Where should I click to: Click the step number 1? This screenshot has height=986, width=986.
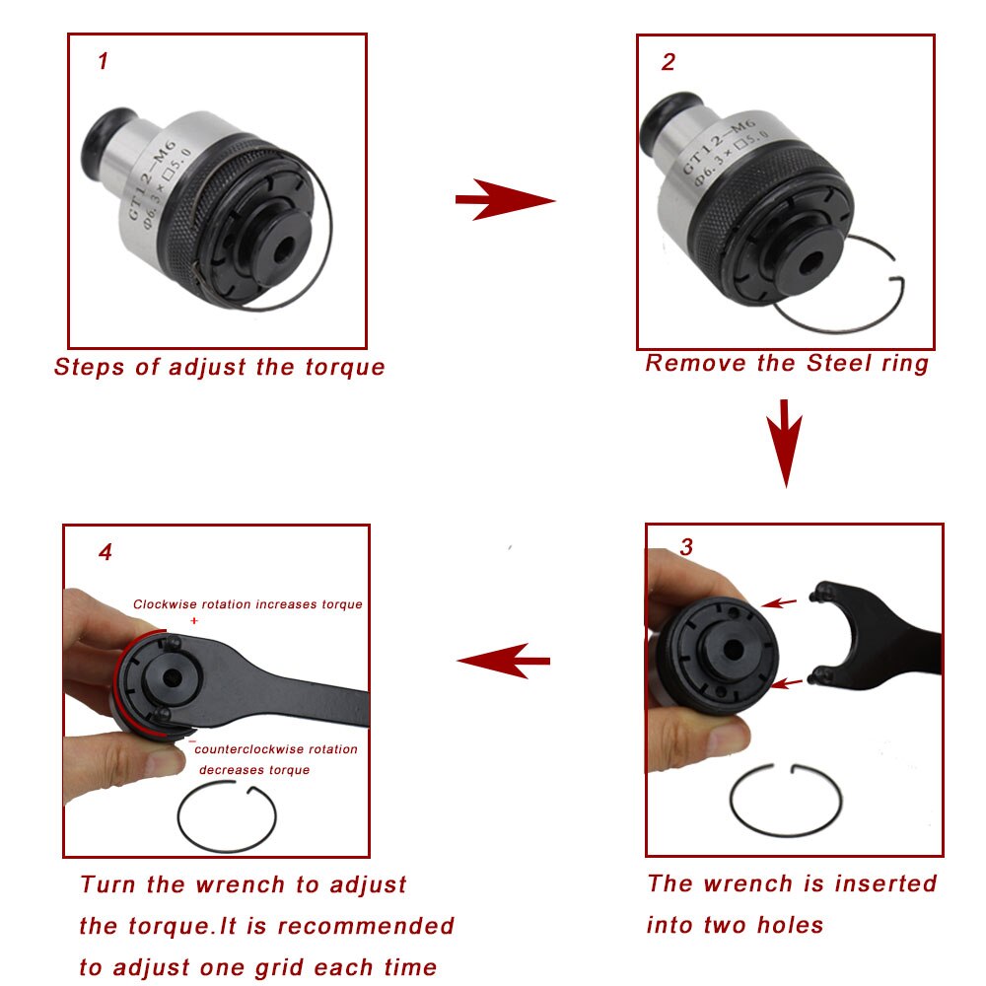click(104, 61)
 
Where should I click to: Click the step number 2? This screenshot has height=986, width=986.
click(669, 61)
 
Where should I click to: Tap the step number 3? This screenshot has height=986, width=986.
click(686, 546)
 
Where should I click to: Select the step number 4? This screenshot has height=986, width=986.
click(106, 552)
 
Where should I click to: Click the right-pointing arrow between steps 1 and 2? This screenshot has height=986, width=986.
click(505, 200)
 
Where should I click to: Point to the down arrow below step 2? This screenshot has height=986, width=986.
click(785, 443)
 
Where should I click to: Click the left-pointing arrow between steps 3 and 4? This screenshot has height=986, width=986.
click(503, 661)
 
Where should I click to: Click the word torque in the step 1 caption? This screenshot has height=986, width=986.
click(344, 367)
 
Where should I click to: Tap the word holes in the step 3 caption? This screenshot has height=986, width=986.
click(790, 925)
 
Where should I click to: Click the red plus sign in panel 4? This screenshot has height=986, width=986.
click(194, 620)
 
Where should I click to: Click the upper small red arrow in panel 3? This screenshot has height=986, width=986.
click(779, 603)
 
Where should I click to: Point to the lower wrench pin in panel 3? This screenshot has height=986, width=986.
click(818, 676)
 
